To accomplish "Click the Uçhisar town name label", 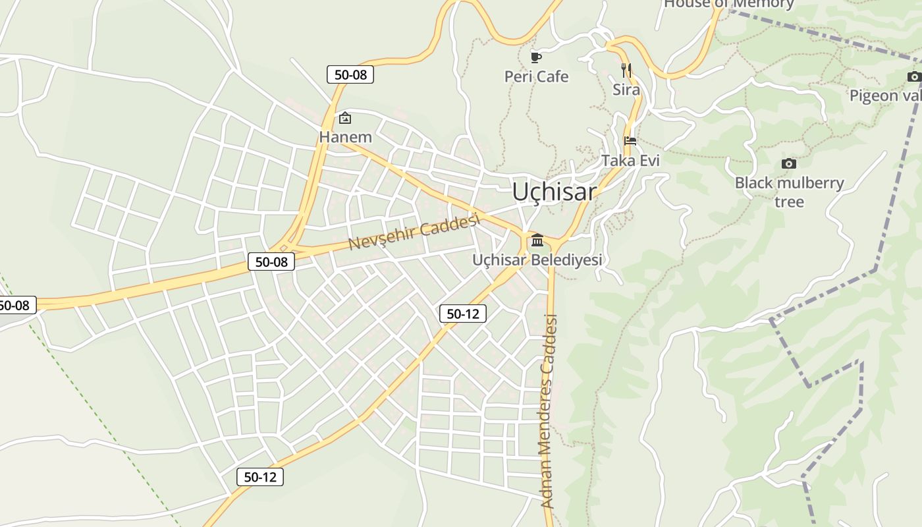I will pyautogui.click(x=555, y=192).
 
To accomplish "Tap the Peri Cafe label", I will pyautogui.click(x=536, y=76).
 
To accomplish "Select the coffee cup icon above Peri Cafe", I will pyautogui.click(x=536, y=57).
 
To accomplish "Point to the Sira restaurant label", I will pyautogui.click(x=626, y=90).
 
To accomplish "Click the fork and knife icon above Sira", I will pyautogui.click(x=626, y=70).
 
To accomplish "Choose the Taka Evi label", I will pyautogui.click(x=630, y=160).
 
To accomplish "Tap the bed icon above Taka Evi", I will pyautogui.click(x=630, y=140).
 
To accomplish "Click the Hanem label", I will pyautogui.click(x=345, y=137).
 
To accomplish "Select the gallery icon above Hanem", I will pyautogui.click(x=344, y=119).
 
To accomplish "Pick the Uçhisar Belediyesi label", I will pyautogui.click(x=537, y=260).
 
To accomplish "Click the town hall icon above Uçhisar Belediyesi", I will pyautogui.click(x=537, y=240).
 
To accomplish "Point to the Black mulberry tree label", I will pyautogui.click(x=789, y=192).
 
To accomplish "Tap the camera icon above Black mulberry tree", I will pyautogui.click(x=788, y=163).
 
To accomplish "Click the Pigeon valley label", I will pyautogui.click(x=885, y=96).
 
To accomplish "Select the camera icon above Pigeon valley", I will pyautogui.click(x=913, y=76).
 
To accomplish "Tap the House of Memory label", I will pyautogui.click(x=728, y=4).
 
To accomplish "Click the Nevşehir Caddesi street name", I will pyautogui.click(x=413, y=233).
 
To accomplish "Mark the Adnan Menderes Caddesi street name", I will pyautogui.click(x=549, y=412).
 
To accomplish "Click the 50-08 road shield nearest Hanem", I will pyautogui.click(x=350, y=74).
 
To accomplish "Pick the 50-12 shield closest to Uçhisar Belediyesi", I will pyautogui.click(x=463, y=314).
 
